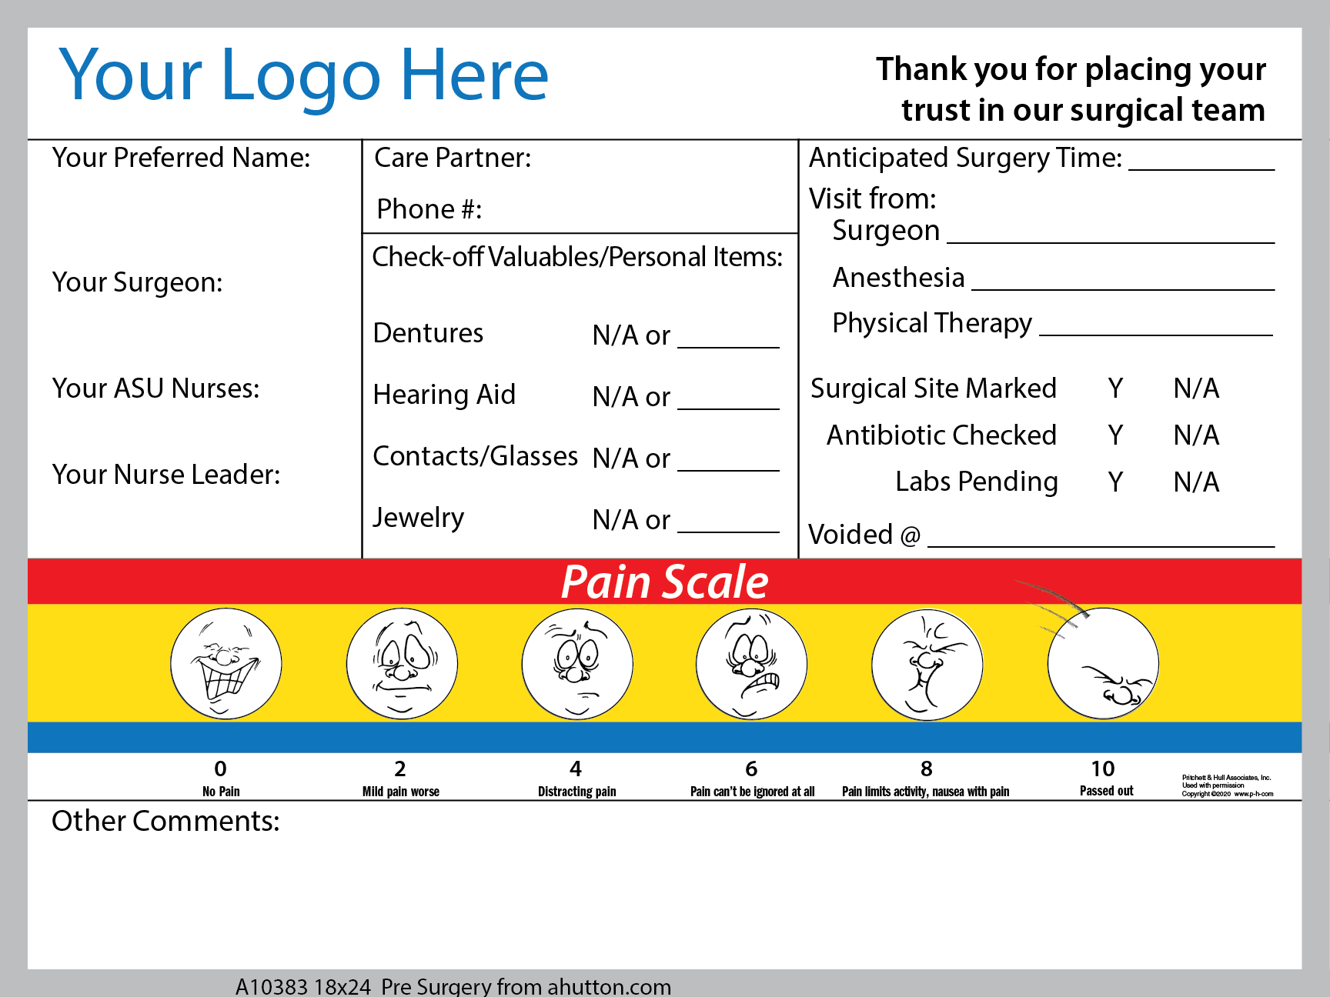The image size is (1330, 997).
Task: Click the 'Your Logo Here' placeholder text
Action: tap(303, 75)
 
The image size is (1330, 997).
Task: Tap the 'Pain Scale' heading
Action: tap(665, 582)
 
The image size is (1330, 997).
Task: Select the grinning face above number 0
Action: tap(226, 664)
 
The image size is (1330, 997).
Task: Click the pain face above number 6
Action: tap(751, 664)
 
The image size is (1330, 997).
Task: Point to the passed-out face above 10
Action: tap(1103, 664)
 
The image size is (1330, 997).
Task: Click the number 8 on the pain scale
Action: tap(927, 769)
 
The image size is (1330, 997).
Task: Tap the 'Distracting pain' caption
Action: tap(577, 792)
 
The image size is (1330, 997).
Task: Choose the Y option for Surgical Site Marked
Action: tap(1115, 388)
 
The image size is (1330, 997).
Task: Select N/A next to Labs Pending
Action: tap(1196, 482)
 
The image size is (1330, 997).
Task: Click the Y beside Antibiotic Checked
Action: tap(1115, 435)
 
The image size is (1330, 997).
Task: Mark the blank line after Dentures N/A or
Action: tap(728, 348)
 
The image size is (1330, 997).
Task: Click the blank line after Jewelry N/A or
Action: tap(728, 532)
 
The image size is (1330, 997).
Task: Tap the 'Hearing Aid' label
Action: tap(444, 395)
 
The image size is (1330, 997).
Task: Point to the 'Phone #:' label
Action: tap(429, 209)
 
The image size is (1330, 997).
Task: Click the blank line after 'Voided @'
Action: tap(1101, 546)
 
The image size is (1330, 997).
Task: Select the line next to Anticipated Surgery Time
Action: tap(1201, 169)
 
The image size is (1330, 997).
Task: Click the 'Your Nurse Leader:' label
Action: tap(166, 475)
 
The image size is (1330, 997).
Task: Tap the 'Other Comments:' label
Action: tap(165, 821)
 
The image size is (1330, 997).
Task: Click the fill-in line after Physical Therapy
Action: tap(1156, 335)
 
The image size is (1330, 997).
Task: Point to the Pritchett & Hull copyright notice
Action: tap(1228, 785)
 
